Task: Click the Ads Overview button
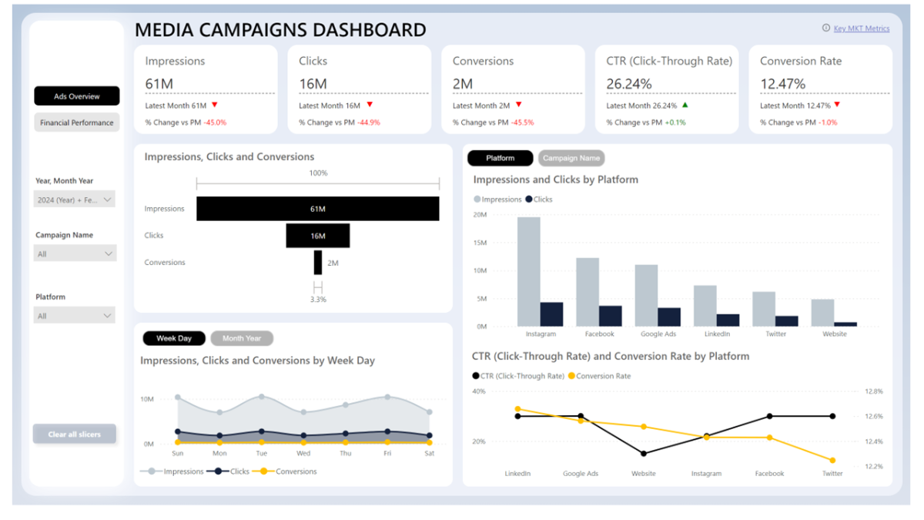pyautogui.click(x=77, y=96)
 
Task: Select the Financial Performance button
pyautogui.click(x=77, y=122)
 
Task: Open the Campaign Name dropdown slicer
pyautogui.click(x=75, y=253)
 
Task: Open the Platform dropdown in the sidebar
pyautogui.click(x=75, y=315)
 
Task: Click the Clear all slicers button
pyautogui.click(x=75, y=434)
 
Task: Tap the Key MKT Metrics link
pyautogui.click(x=861, y=29)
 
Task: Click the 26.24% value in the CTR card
pyautogui.click(x=629, y=83)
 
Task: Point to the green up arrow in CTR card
pyautogui.click(x=685, y=105)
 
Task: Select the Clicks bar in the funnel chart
pyautogui.click(x=318, y=236)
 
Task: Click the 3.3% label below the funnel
pyautogui.click(x=317, y=299)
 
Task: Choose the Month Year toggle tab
pyautogui.click(x=242, y=338)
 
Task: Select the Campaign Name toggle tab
pyautogui.click(x=571, y=158)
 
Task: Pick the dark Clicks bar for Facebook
pyautogui.click(x=611, y=316)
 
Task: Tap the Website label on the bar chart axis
pyautogui.click(x=834, y=334)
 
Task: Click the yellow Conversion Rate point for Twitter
pyautogui.click(x=832, y=461)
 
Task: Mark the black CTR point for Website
pyautogui.click(x=644, y=454)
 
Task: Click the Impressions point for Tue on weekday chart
pyautogui.click(x=262, y=397)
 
